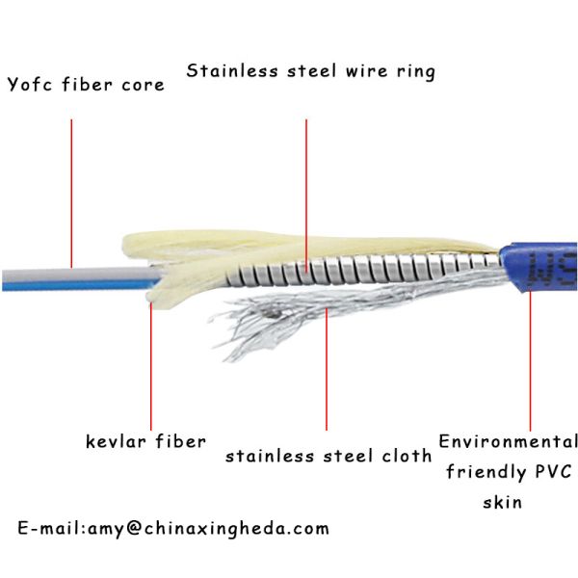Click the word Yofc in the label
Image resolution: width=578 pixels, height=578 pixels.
(29, 85)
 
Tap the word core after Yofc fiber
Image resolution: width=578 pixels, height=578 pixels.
(142, 85)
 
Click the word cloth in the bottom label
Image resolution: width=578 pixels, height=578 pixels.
(402, 456)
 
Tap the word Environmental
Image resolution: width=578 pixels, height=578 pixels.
(508, 442)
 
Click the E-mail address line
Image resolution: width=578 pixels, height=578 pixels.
(173, 528)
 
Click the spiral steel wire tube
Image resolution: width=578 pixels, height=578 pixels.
(366, 267)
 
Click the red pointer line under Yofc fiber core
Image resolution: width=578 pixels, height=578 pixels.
(72, 193)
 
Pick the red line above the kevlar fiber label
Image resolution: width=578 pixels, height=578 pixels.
(150, 366)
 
